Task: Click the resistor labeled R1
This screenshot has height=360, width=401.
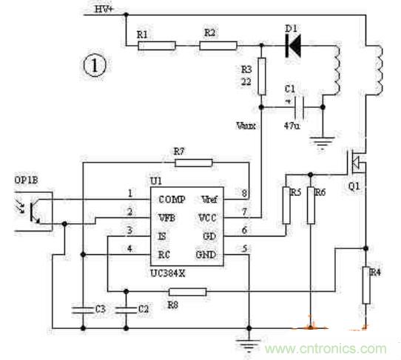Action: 157,45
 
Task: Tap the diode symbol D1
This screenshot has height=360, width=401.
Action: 292,46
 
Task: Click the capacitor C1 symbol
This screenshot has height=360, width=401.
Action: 299,107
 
